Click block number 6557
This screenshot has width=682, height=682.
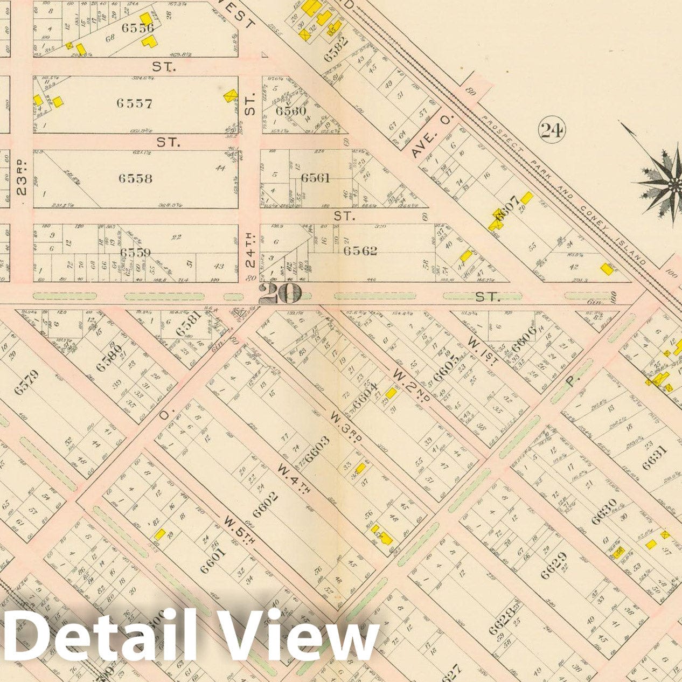click(x=135, y=103)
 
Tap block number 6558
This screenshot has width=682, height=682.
click(x=135, y=178)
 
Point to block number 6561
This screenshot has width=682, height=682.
click(x=315, y=178)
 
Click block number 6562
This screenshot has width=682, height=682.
click(x=360, y=250)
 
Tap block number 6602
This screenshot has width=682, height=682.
click(x=266, y=505)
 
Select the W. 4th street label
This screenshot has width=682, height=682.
click(x=290, y=476)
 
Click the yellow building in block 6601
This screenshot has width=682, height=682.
click(x=159, y=534)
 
